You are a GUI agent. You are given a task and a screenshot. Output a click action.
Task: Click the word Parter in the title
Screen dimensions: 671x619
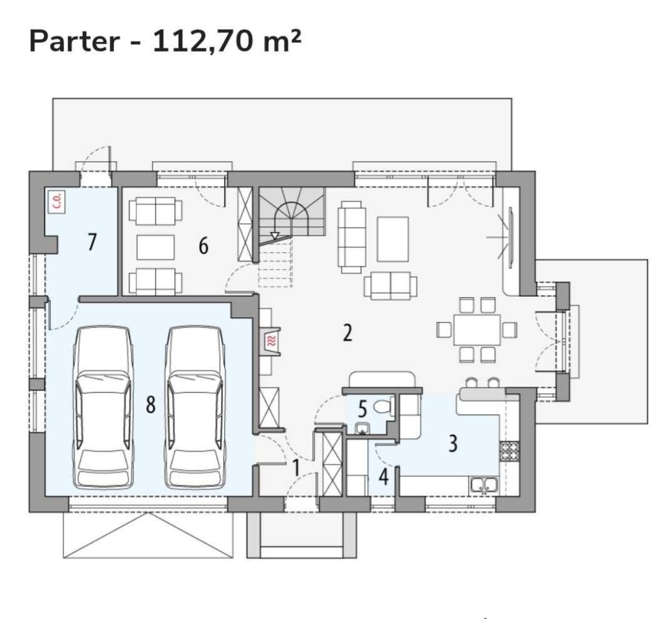[74, 41]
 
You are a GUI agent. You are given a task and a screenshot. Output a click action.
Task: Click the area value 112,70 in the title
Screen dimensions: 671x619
[202, 43]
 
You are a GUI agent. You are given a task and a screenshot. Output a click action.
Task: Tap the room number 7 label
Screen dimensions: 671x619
[92, 242]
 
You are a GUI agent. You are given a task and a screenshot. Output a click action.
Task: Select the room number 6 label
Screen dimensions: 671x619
[203, 246]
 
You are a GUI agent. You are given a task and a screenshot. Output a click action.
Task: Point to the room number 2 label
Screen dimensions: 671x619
[348, 333]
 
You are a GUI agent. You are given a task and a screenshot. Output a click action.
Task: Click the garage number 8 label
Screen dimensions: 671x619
[150, 404]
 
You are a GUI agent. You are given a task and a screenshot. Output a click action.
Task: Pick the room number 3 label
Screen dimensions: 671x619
[453, 444]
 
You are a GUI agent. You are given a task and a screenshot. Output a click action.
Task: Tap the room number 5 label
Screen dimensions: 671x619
[362, 409]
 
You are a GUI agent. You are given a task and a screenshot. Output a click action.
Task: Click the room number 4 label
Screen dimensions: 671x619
[384, 477]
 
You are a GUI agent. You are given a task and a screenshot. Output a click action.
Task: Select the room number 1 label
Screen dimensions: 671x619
[296, 467]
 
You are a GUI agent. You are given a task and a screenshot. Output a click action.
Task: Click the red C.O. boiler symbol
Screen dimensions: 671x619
[57, 201]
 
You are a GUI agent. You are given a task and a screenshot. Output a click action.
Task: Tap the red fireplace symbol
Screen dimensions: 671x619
[271, 341]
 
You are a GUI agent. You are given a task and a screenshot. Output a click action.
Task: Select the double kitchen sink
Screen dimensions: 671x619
[484, 485]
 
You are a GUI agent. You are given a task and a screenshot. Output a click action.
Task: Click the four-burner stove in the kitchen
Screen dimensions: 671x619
[509, 451]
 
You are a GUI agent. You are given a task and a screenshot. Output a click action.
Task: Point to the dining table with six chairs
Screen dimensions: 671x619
[477, 330]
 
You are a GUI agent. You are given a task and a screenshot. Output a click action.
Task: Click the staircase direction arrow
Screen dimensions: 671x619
[274, 235]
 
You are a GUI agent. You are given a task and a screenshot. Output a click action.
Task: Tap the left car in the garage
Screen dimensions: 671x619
[102, 408]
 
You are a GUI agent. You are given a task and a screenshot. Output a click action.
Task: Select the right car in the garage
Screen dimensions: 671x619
[196, 408]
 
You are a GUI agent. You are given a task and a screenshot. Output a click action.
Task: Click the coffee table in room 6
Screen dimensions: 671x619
[155, 247]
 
